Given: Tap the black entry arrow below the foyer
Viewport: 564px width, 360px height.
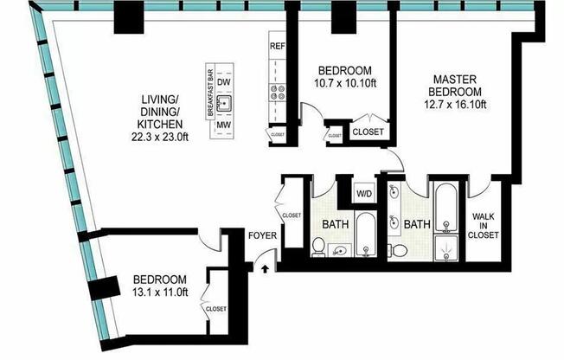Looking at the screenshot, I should (x=266, y=269).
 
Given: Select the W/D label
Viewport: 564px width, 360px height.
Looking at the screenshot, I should (x=363, y=192).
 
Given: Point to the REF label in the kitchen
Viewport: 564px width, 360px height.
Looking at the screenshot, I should (x=278, y=46).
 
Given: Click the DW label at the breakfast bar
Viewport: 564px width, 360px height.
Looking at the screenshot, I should (x=224, y=81).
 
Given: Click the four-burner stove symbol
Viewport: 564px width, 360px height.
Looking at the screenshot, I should (x=279, y=89).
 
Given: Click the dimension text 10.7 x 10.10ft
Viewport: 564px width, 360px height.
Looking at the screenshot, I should (x=344, y=83).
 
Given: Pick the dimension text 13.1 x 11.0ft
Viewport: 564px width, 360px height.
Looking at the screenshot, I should (x=161, y=293).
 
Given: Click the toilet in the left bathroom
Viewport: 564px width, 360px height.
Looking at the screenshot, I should (x=318, y=248).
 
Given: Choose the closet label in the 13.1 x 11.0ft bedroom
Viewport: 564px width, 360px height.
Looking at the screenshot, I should (x=216, y=307).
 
